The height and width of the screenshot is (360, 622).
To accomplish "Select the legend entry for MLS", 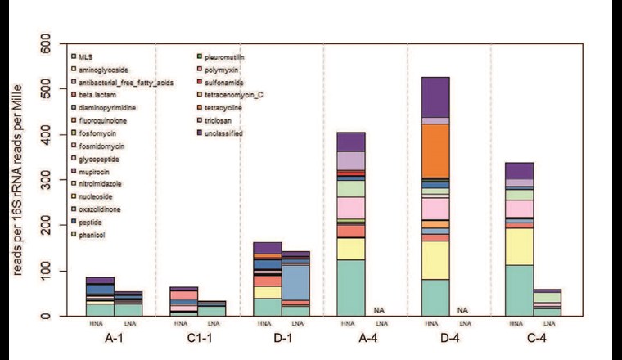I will [86, 56].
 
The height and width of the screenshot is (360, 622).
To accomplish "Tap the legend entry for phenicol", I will [92, 235].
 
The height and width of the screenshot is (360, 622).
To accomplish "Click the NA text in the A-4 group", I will [378, 310].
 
